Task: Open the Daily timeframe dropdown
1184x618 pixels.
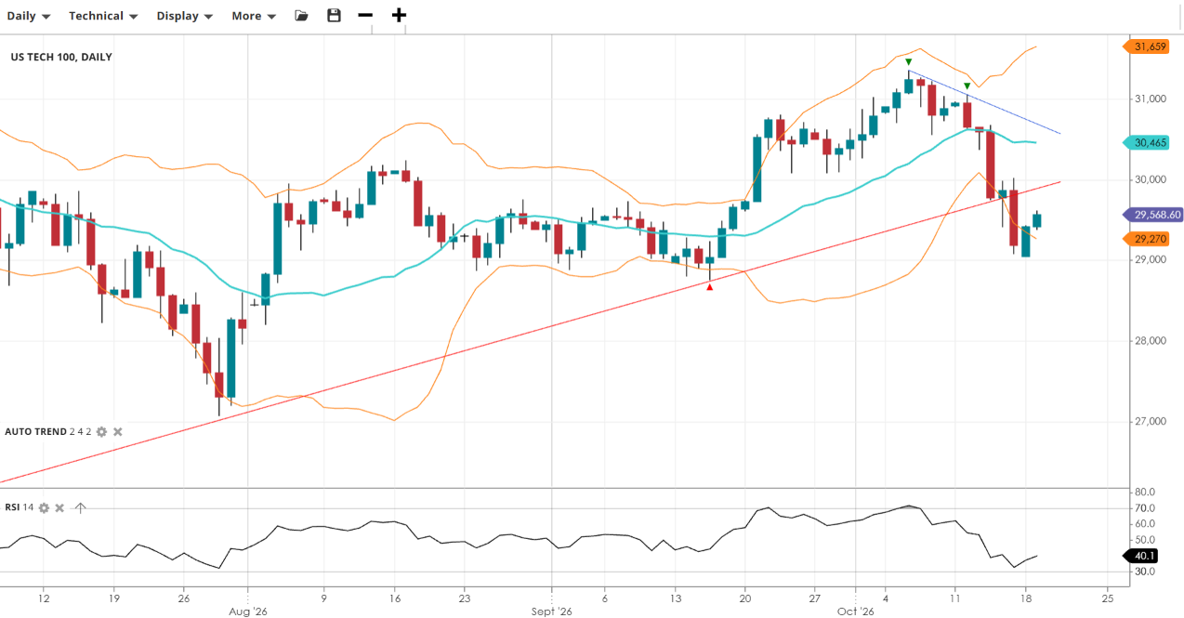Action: [29, 16]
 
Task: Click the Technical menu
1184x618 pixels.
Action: [103, 16]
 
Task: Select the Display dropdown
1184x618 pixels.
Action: [184, 16]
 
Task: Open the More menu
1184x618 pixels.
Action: [254, 16]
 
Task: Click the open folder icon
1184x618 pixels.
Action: [301, 15]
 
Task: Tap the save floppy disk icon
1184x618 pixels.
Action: [334, 15]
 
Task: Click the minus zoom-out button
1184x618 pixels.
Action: [365, 15]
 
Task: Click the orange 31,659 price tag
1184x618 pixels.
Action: [1145, 46]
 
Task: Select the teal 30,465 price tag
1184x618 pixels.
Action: [1145, 143]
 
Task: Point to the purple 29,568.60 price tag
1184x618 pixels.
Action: [1152, 215]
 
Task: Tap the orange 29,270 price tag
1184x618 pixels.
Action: [1145, 239]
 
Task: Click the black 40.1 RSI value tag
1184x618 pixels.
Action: [1140, 556]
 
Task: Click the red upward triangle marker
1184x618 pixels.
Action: [709, 287]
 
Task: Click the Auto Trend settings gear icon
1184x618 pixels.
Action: [101, 432]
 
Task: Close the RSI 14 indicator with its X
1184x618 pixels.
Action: [59, 508]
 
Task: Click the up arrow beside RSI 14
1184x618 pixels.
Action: [80, 508]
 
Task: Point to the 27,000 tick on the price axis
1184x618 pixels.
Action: [1151, 421]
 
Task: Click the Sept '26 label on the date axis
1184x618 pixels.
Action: [551, 611]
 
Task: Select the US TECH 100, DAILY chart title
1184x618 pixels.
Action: [61, 57]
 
